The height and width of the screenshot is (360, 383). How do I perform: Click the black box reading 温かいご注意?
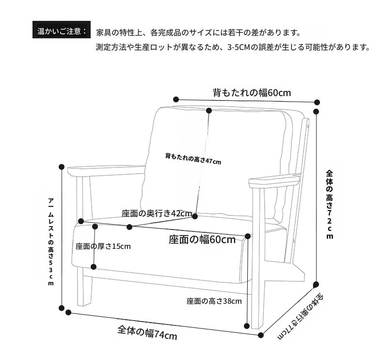pyautogui.click(x=61, y=30)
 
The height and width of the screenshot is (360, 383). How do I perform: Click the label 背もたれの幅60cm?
pyautogui.click(x=252, y=93)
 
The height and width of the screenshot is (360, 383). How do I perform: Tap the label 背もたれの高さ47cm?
pyautogui.click(x=193, y=159)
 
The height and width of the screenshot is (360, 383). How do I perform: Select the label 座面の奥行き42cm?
pyautogui.click(x=157, y=213)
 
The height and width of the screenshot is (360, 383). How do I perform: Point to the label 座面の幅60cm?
pyautogui.click(x=202, y=240)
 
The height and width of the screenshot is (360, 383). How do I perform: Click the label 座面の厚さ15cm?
pyautogui.click(x=103, y=246)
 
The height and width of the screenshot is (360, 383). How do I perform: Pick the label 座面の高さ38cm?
pyautogui.click(x=214, y=301)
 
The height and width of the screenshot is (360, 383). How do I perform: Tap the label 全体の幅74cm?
pyautogui.click(x=147, y=333)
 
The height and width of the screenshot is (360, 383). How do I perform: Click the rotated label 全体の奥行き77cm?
pyautogui.click(x=301, y=317)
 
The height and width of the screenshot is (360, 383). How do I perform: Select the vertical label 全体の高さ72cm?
pyautogui.click(x=329, y=204)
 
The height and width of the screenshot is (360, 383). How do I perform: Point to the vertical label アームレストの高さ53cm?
pyautogui.click(x=50, y=242)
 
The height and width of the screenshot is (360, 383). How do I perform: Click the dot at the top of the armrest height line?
pyautogui.click(x=62, y=167)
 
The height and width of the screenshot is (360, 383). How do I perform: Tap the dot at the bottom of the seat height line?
pyautogui.click(x=247, y=326)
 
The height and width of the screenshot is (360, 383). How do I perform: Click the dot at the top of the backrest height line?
pyautogui.click(x=209, y=111)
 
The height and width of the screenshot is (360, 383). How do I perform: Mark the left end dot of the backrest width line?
pyautogui.click(x=176, y=99)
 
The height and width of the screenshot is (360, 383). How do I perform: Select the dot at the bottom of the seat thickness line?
pyautogui.click(x=94, y=267)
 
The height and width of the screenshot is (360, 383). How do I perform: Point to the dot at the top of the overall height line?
pyautogui.click(x=316, y=112)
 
